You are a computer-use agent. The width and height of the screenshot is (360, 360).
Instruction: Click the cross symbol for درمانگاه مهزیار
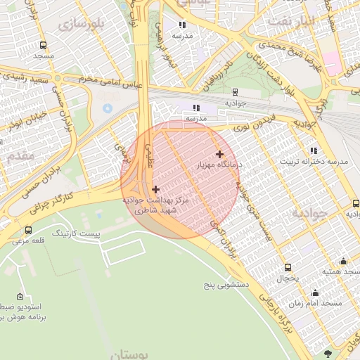tap(219, 154)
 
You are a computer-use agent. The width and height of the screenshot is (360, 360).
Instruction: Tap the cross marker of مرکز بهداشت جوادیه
tap(155, 188)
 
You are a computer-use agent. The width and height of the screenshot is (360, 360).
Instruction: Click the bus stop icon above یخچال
tap(288, 267)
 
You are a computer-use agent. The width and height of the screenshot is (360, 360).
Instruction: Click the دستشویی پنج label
tap(227, 285)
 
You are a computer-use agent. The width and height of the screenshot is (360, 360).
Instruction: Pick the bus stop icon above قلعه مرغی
tap(28, 230)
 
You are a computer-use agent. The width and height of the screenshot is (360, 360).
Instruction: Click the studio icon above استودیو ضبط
tap(19, 296)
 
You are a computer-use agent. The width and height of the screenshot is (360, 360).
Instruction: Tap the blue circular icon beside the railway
tap(107, 109)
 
